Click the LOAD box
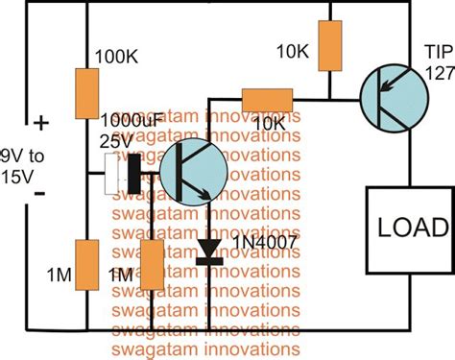pos(407,228)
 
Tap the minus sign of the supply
pos(41,193)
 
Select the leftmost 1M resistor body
pos(87,267)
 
